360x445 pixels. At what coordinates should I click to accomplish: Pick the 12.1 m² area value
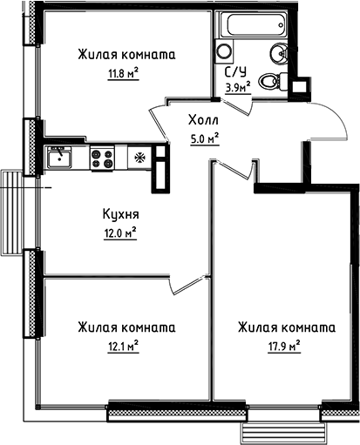pos(121,345)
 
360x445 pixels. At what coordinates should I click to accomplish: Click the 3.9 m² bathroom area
pos(237,87)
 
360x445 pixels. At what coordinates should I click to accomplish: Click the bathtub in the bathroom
pos(254,25)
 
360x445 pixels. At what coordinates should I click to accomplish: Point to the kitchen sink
pos(59,158)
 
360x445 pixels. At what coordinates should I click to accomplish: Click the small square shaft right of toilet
pos(301,86)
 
